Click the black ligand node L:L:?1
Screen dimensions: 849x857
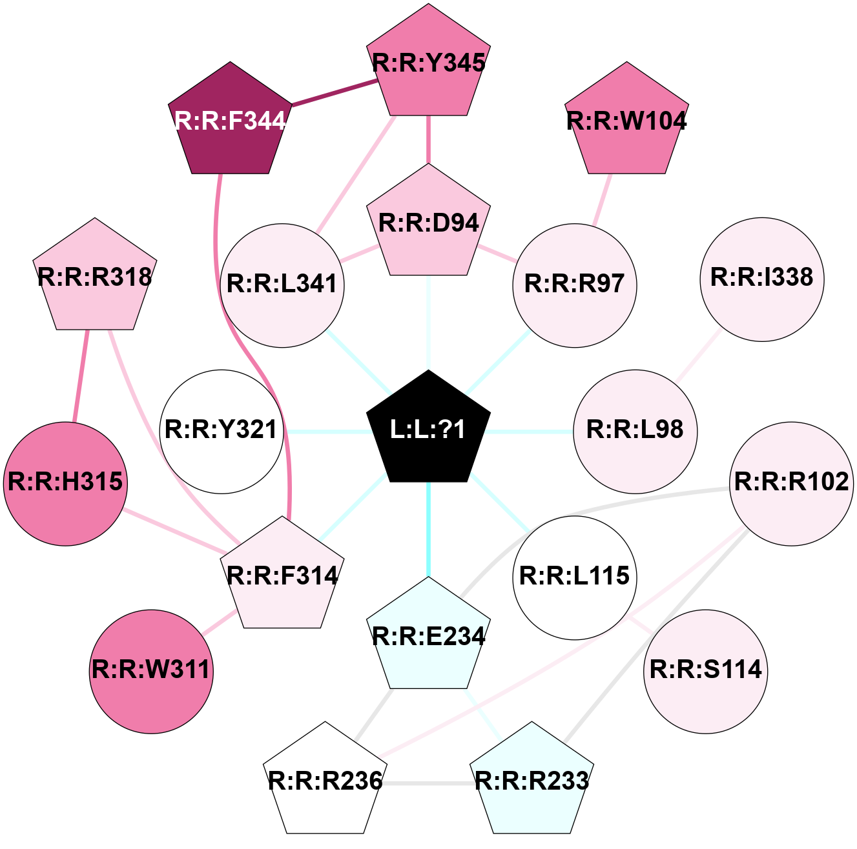click(428, 429)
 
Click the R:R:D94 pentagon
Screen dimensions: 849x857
click(428, 223)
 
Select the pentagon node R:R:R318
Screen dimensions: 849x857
click(95, 277)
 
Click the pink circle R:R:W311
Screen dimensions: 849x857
click(151, 671)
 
